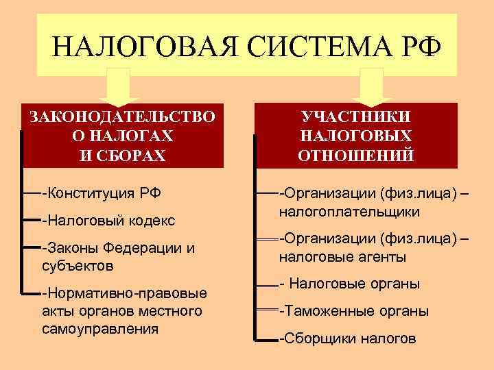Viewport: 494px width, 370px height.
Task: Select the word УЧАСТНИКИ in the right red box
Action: click(356, 116)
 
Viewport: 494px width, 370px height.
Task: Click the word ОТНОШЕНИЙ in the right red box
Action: click(356, 154)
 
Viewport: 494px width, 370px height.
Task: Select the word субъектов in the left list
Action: click(78, 264)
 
